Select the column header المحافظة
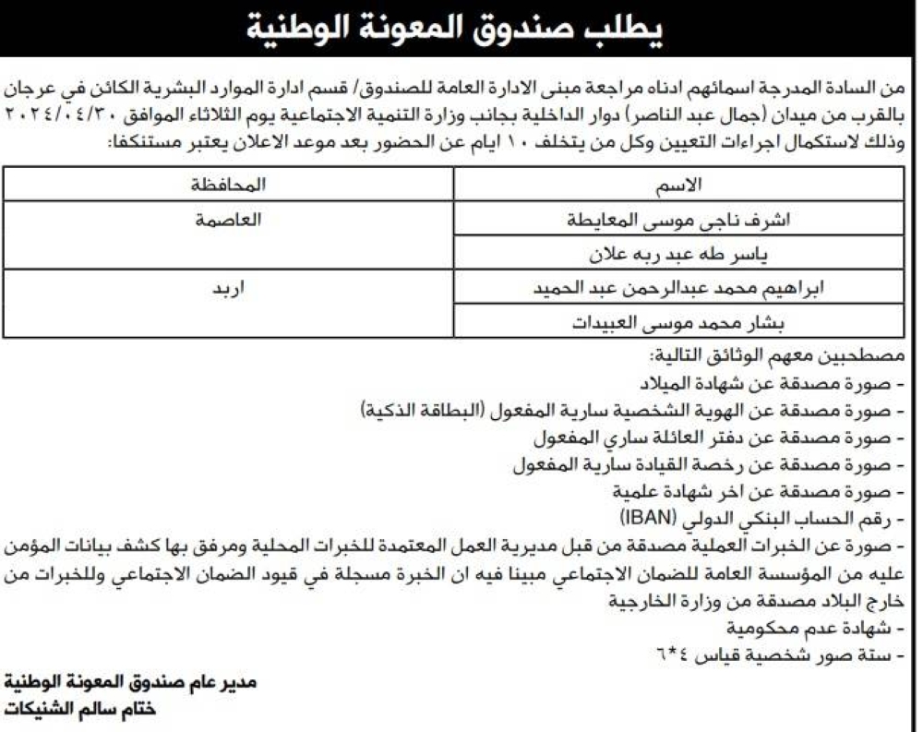pyautogui.click(x=229, y=186)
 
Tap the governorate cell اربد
pyautogui.click(x=229, y=287)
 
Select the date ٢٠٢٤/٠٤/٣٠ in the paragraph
pyautogui.click(x=68, y=117)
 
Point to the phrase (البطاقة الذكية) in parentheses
pyautogui.click(x=420, y=411)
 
